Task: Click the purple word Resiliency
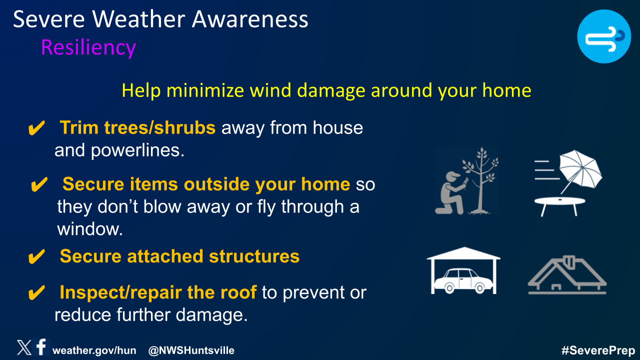[88, 47]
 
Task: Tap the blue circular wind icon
[604, 36]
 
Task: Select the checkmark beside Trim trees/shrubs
[36, 127]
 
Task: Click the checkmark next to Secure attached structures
[36, 256]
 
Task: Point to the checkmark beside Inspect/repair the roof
[36, 292]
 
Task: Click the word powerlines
[137, 150]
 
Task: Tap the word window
[90, 229]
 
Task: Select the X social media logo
[24, 347]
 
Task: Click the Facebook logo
[41, 346]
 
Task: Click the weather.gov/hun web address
[94, 350]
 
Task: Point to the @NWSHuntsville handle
[191, 350]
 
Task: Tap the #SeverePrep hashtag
[598, 350]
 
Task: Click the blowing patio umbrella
[580, 170]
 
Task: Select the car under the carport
[463, 281]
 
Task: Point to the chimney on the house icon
[569, 262]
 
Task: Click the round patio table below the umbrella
[559, 205]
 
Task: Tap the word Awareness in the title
[250, 19]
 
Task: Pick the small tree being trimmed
[481, 180]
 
